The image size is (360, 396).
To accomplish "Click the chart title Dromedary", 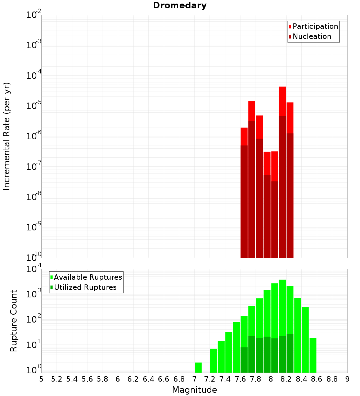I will pyautogui.click(x=180, y=5).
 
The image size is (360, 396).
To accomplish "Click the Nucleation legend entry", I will pyautogui.click(x=311, y=36).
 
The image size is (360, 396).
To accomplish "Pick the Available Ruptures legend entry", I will pyautogui.click(x=87, y=277).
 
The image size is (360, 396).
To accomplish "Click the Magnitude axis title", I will pyautogui.click(x=194, y=390).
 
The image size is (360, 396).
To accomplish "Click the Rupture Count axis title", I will pyautogui.click(x=14, y=321).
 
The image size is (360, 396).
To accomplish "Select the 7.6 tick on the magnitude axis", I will pyautogui.click(x=240, y=379).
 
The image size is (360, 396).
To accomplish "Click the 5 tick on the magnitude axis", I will pyautogui.click(x=41, y=379).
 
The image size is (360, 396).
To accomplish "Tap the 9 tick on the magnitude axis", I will pyautogui.click(x=347, y=379).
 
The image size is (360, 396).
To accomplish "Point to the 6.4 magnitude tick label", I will pyautogui.click(x=148, y=379).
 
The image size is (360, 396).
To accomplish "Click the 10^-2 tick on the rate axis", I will pyautogui.click(x=33, y=15).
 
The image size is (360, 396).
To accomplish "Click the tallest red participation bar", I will pyautogui.click(x=282, y=101).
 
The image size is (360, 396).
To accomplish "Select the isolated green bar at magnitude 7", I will pyautogui.click(x=198, y=367).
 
